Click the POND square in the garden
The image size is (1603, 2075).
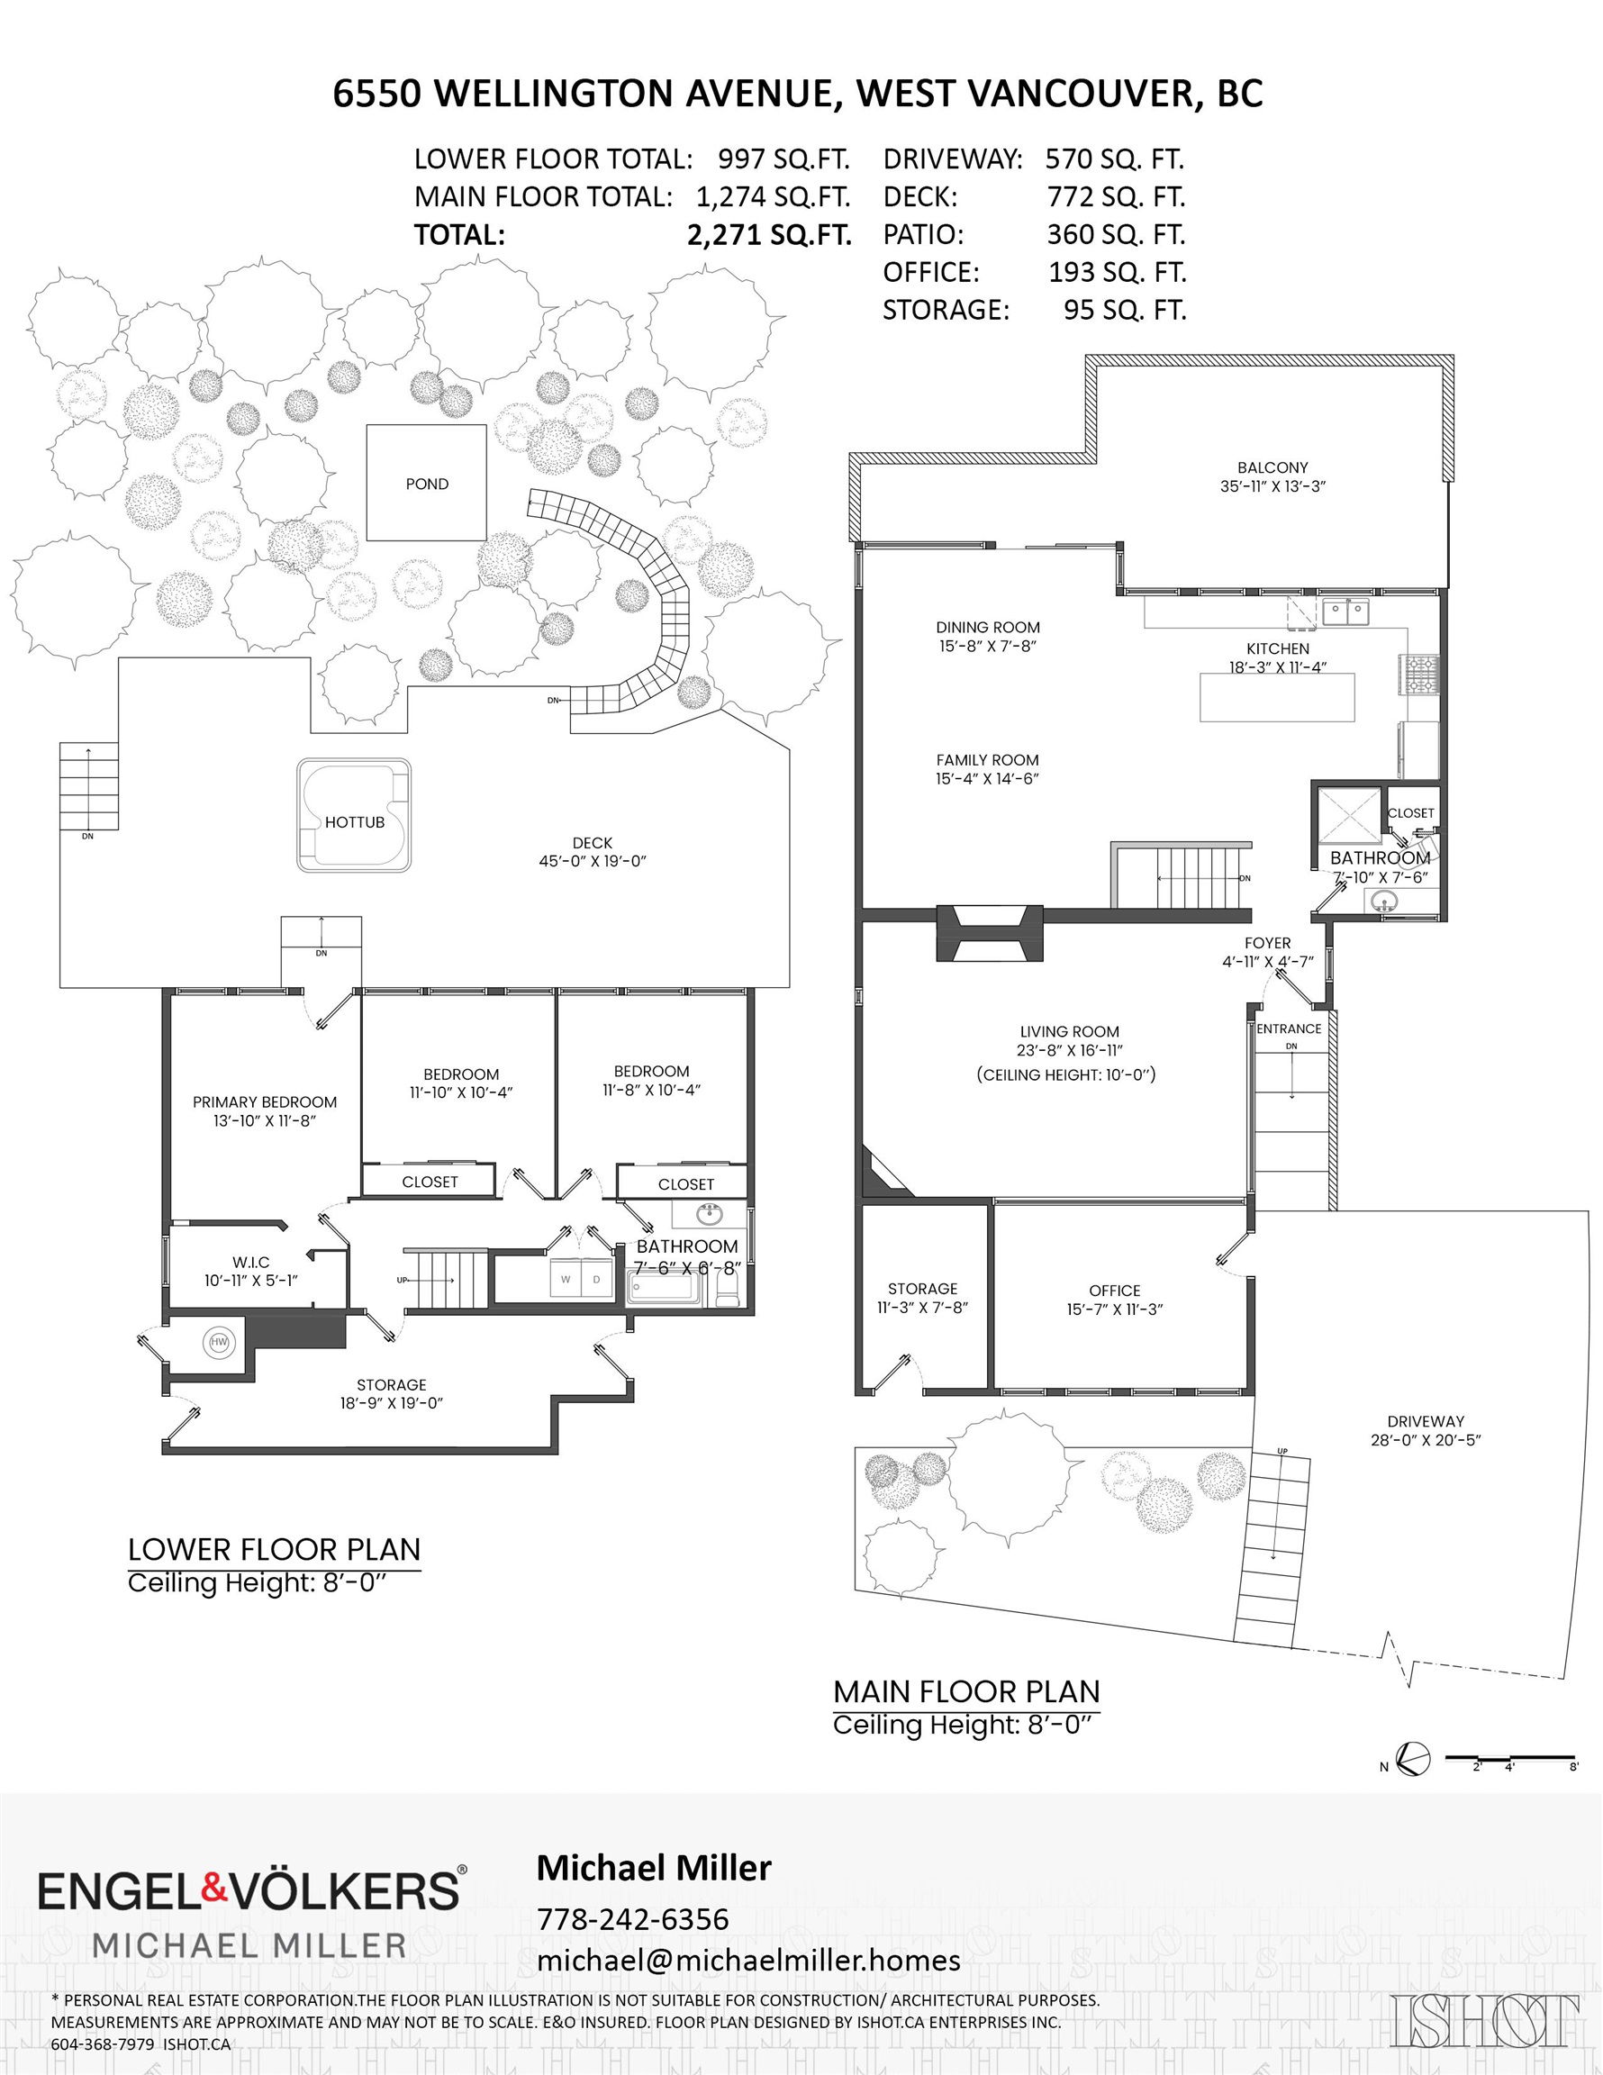427,483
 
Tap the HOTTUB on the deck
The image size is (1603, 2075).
355,814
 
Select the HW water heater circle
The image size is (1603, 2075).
220,1342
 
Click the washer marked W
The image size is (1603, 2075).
566,1279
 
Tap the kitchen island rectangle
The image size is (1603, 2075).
1277,697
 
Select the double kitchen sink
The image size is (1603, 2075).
1347,612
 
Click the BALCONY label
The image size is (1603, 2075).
1272,467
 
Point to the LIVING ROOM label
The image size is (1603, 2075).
1069,1032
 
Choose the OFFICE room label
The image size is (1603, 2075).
1115,1291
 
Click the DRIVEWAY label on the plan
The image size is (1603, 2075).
1426,1421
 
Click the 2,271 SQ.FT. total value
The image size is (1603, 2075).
769,235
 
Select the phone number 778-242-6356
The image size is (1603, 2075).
633,1912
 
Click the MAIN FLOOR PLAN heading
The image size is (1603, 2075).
966,1692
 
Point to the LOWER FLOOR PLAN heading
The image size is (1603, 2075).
274,1550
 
